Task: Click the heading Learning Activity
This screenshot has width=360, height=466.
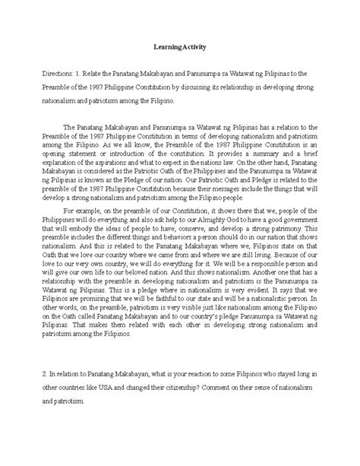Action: pos(180,47)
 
